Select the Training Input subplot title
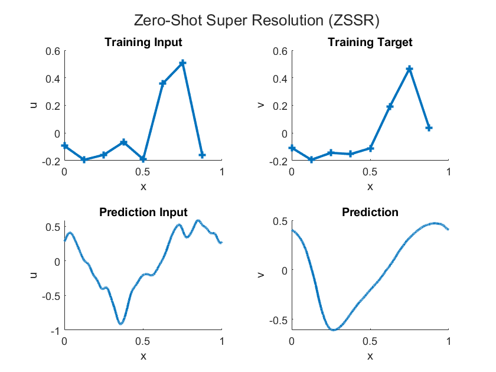[x=143, y=42]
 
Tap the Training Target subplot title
[x=370, y=42]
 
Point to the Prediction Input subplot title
[x=143, y=212]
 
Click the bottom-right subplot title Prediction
[x=370, y=212]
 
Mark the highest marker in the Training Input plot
[x=182, y=63]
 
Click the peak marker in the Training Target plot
[x=409, y=69]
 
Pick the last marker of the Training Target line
[x=429, y=128]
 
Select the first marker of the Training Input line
[x=64, y=146]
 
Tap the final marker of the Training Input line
[x=202, y=155]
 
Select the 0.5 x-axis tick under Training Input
[x=143, y=172]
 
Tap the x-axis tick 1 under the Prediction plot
[x=448, y=342]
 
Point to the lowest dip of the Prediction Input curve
[x=120, y=324]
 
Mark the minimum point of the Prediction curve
[x=334, y=330]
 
